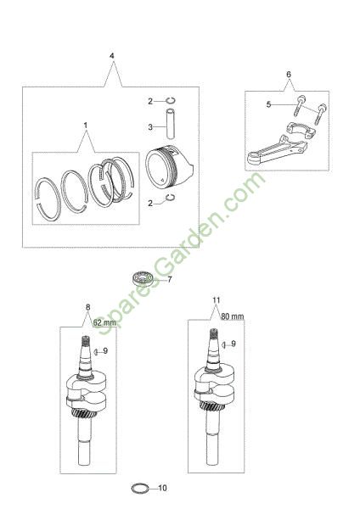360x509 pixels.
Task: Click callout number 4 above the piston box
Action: point(112,56)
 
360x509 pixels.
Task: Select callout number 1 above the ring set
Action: point(86,125)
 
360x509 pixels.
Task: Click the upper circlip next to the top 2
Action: point(171,100)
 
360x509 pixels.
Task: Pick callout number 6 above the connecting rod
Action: point(289,75)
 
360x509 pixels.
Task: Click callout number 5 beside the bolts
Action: point(268,104)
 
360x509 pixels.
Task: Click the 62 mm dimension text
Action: point(104,322)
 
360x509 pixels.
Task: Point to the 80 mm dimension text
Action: point(233,316)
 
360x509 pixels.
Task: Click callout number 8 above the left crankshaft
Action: point(87,307)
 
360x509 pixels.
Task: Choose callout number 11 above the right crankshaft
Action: point(217,300)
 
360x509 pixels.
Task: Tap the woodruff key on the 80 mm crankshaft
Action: point(223,344)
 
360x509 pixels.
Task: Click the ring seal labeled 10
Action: point(140,488)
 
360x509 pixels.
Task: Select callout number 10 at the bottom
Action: point(162,488)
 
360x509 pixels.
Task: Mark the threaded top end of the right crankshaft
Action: point(213,333)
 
